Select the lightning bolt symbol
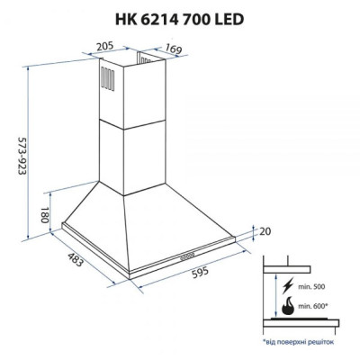287,286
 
